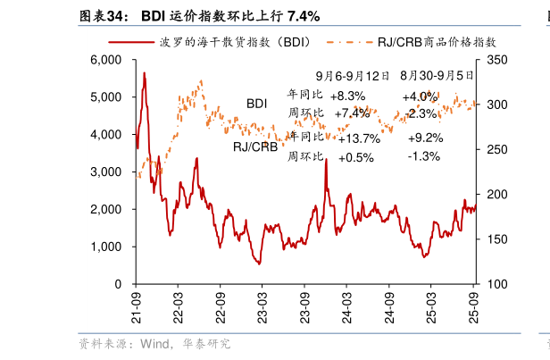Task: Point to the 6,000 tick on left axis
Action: click(106, 60)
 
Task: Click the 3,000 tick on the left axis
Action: click(106, 172)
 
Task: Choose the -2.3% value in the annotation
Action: click(421, 113)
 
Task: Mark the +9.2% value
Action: click(425, 138)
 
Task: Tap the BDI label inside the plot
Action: click(257, 104)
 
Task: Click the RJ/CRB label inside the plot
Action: click(255, 147)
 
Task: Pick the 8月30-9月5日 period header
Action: click(437, 77)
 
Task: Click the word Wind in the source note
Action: click(149, 343)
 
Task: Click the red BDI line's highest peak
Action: click(145, 73)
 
